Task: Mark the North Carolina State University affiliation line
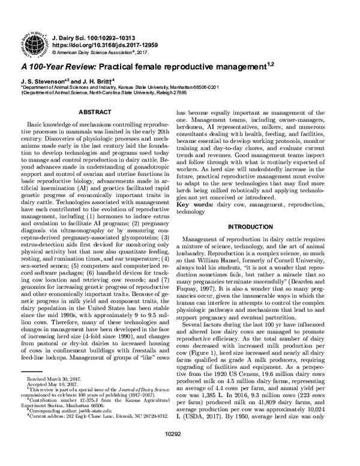pyautogui.click(x=104, y=93)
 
